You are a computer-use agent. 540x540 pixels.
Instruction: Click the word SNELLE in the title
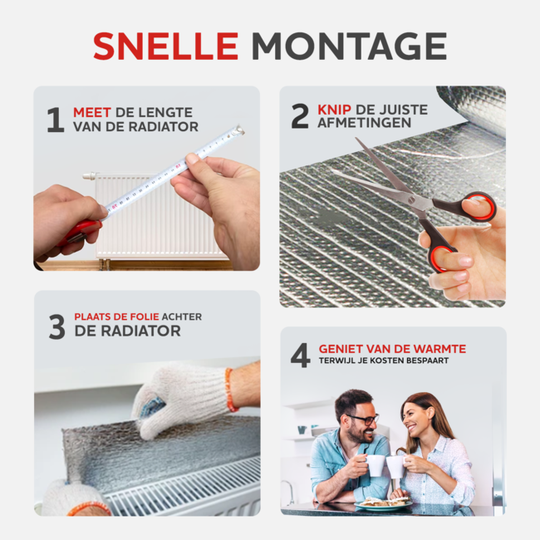pos(165,47)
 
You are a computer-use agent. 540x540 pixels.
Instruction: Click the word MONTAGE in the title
pos(349,47)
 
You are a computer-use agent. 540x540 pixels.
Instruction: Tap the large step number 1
pos(56,120)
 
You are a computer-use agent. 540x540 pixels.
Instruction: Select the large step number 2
pos(300,116)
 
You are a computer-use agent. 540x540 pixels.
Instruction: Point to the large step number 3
pos(56,326)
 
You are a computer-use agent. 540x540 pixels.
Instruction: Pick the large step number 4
pos(301,355)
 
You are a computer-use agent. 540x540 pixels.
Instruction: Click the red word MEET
pos(92,113)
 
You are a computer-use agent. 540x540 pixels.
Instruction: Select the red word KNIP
pos(334,110)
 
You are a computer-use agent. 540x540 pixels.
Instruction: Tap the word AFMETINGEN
pos(365,123)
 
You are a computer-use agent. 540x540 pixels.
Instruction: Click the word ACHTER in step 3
pos(182,317)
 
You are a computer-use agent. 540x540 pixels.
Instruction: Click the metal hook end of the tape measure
pos(238,130)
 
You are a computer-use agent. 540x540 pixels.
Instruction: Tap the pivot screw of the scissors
pos(411,199)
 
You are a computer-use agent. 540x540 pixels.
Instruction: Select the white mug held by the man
pos(375,465)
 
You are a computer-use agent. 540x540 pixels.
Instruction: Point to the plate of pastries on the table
pos(383,503)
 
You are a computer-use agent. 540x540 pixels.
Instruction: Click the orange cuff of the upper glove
pos(231,389)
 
